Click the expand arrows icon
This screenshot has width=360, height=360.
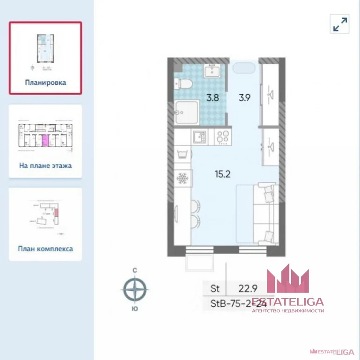[340, 24]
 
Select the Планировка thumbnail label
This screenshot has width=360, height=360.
[45, 82]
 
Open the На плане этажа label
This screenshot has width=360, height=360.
[45, 165]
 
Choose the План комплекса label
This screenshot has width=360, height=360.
[45, 249]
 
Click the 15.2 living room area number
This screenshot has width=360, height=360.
[223, 175]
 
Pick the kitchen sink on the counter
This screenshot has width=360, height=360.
[200, 136]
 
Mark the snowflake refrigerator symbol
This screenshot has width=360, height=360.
[182, 179]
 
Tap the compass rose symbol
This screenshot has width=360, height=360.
[135, 289]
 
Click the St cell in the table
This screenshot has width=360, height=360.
[215, 287]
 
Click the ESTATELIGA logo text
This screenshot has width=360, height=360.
[287, 301]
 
